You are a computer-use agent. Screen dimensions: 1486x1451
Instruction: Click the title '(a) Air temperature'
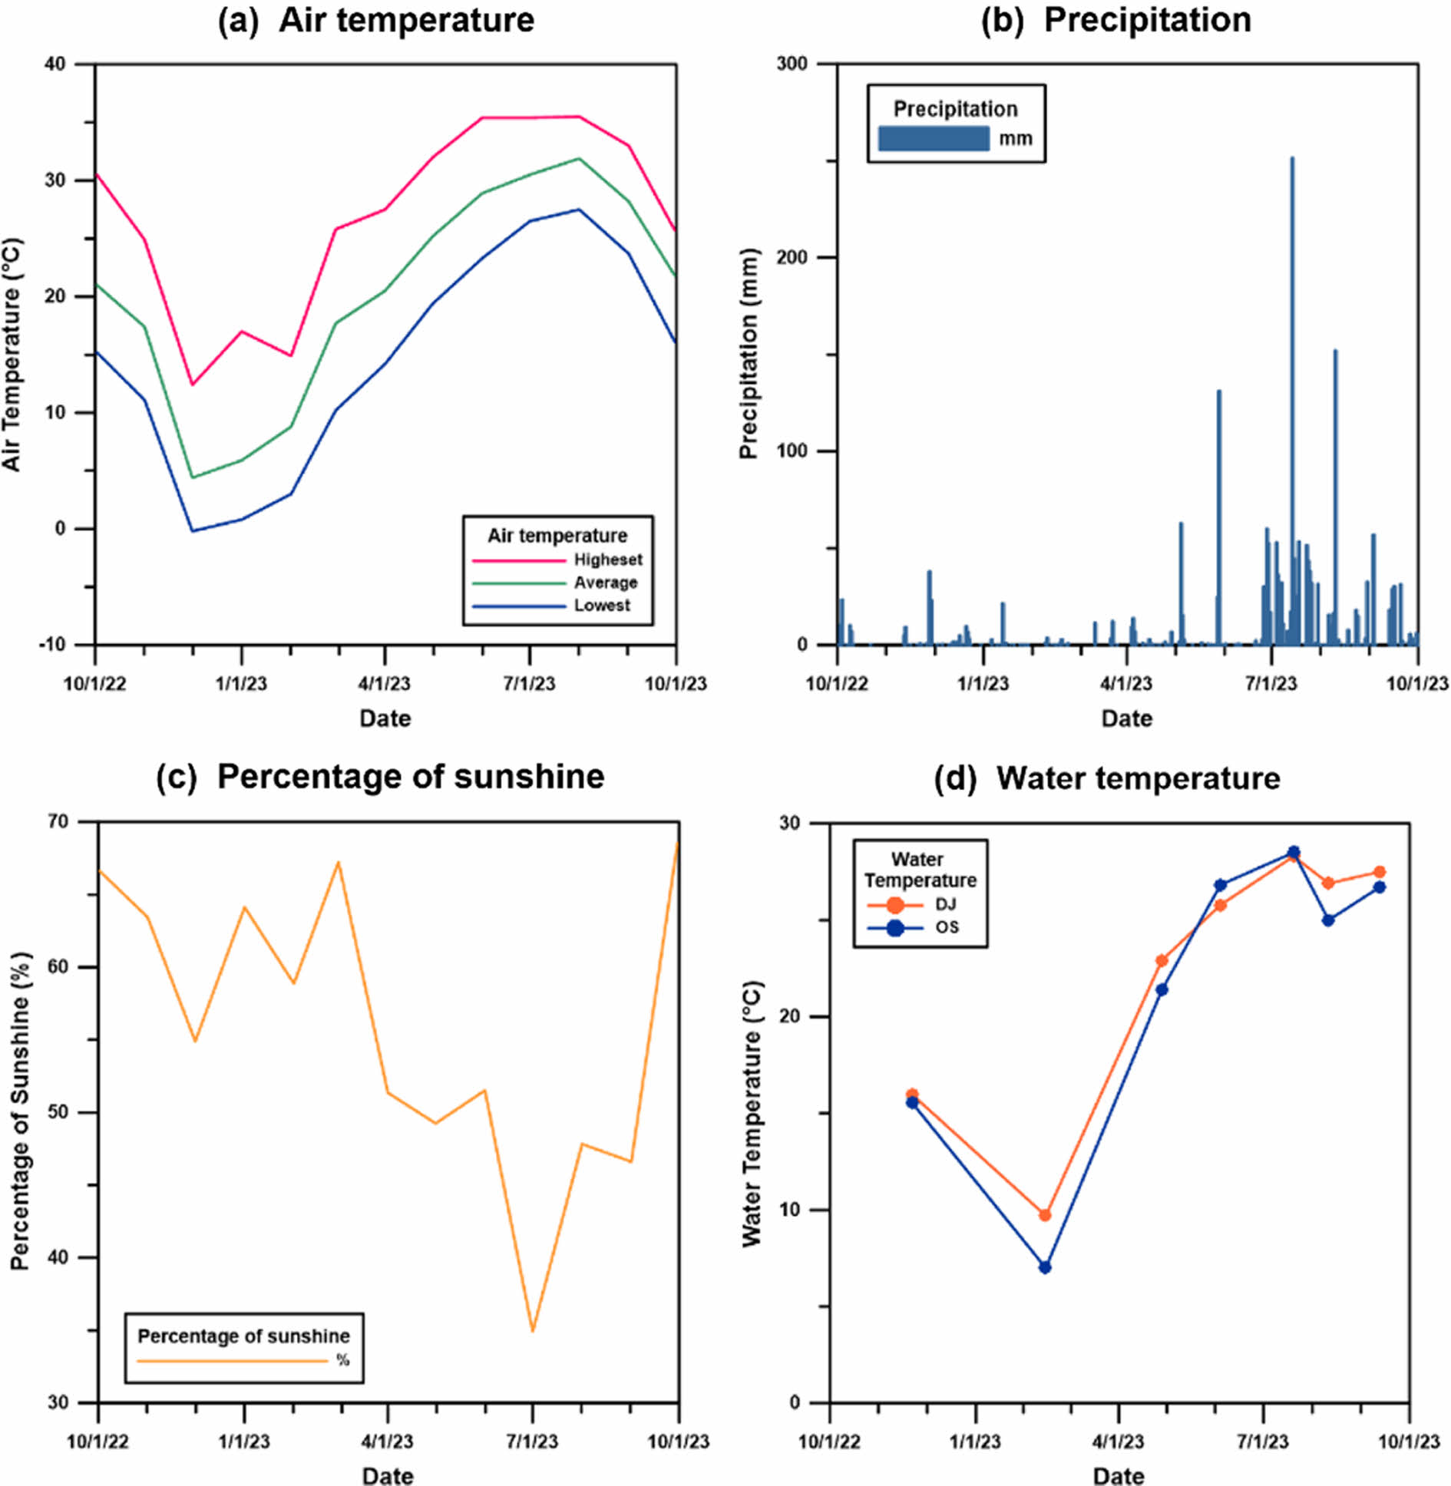point(375,21)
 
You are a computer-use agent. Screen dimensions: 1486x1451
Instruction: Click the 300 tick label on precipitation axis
point(792,64)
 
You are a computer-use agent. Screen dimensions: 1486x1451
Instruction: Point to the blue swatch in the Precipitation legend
point(933,138)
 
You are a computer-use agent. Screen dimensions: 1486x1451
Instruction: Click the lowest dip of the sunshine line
point(532,1330)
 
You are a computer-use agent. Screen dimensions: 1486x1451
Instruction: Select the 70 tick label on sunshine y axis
point(58,821)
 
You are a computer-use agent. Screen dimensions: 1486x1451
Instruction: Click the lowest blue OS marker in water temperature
point(1044,1267)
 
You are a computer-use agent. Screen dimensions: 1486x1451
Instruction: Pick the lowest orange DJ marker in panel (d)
point(1044,1215)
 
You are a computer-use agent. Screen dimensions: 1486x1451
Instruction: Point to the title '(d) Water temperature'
point(1106,778)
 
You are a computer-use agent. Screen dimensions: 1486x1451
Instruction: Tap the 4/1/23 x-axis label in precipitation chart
point(1125,683)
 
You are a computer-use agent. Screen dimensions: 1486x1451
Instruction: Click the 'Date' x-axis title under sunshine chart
point(388,1476)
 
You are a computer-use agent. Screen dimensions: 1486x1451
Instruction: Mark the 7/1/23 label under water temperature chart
point(1262,1441)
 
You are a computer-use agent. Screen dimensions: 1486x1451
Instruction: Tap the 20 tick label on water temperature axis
point(789,1016)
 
